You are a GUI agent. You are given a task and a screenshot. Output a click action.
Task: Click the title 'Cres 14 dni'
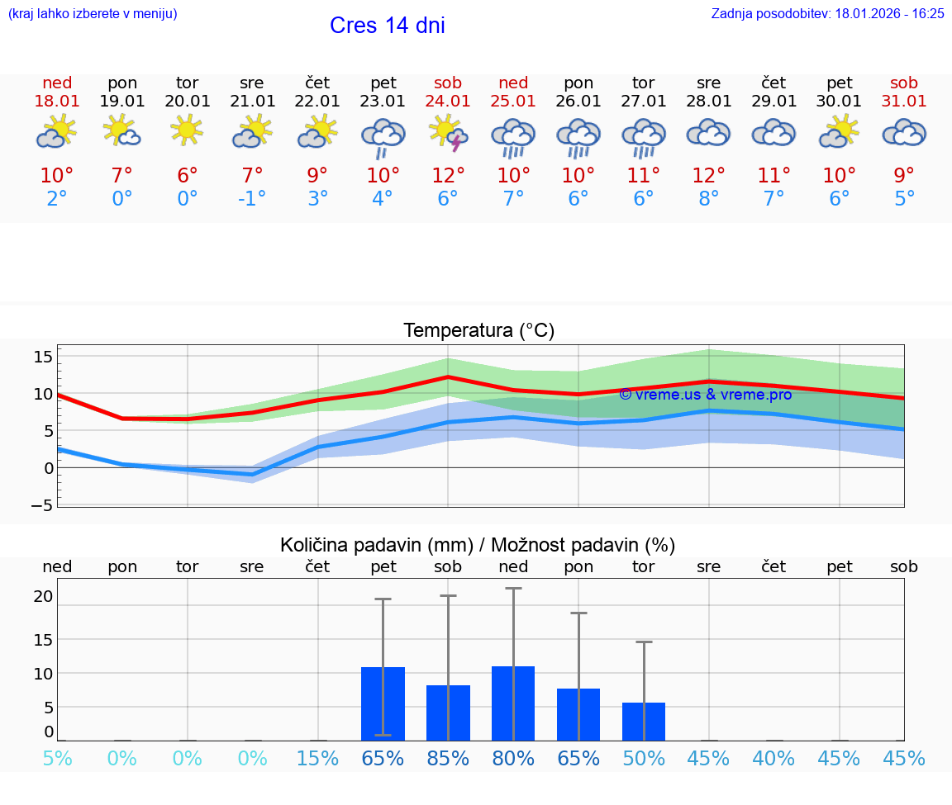coord(387,26)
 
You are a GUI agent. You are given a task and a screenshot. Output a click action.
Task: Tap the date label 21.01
coord(253,102)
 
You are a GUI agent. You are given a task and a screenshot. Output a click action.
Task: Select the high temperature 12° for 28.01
coord(708,175)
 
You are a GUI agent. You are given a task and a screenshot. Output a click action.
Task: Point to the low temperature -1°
coord(252,198)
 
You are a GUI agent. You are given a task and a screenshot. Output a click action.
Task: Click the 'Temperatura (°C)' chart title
coord(478,331)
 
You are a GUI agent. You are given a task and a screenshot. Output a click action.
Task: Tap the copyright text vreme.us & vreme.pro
coord(705,395)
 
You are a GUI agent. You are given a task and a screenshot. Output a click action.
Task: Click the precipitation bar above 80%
coord(513,703)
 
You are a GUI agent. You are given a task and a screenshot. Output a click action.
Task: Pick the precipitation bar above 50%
coord(644,721)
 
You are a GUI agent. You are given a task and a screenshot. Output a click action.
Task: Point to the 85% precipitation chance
coord(448,758)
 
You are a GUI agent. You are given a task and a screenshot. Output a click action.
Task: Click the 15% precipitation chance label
coord(317,758)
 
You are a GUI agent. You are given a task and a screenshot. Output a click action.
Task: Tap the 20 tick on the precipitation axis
coord(44,596)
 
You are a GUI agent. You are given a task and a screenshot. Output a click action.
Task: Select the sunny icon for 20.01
coord(188,130)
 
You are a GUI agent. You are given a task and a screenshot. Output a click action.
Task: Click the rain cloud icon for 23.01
coord(383,137)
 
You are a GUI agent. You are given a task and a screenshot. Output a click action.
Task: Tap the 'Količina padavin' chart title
coord(478,545)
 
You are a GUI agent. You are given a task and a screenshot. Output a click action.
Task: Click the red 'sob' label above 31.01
coord(904,83)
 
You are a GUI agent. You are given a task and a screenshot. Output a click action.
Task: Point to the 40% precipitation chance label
coord(773,758)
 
